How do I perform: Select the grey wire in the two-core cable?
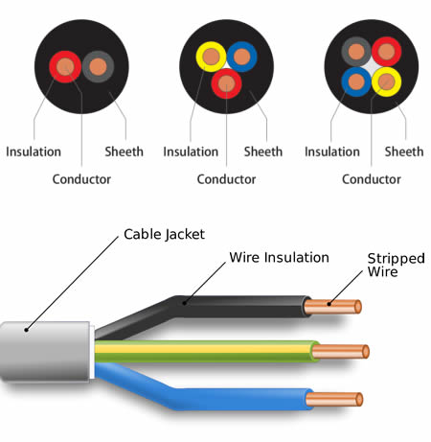tap(97, 67)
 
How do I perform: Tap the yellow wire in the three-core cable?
tap(209, 57)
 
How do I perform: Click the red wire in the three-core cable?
tap(225, 84)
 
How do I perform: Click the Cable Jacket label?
tap(164, 234)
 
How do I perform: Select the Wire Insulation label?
tap(279, 258)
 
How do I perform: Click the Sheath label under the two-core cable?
tap(122, 151)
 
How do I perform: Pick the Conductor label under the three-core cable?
tap(226, 178)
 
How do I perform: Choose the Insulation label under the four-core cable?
tap(331, 151)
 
